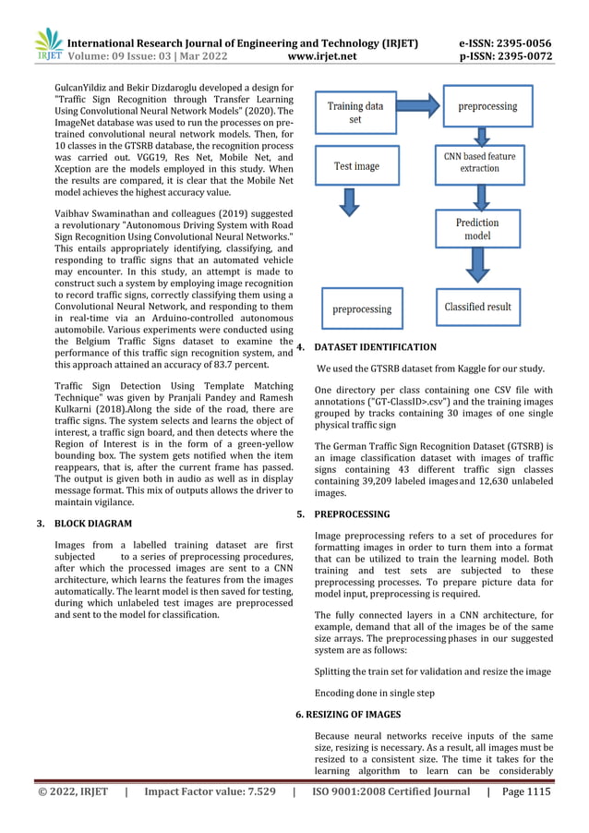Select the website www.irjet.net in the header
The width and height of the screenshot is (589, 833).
click(323, 56)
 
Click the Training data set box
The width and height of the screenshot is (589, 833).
click(355, 113)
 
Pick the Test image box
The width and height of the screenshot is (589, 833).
click(355, 166)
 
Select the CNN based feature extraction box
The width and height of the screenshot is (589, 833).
click(479, 163)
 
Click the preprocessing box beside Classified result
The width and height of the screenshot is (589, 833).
click(362, 309)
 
